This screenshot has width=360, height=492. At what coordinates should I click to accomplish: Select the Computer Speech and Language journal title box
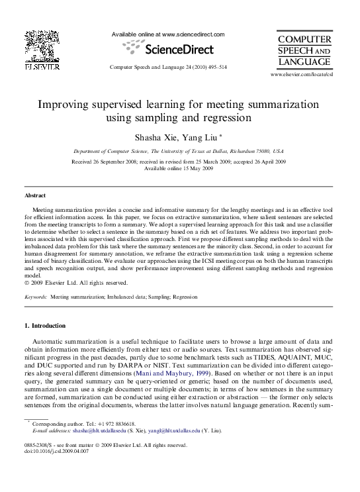[x=304, y=50]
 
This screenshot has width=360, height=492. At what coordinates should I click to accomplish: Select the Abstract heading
[x=35, y=196]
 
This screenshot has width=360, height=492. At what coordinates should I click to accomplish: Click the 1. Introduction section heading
[x=45, y=326]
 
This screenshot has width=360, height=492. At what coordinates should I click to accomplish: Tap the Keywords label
[x=36, y=299]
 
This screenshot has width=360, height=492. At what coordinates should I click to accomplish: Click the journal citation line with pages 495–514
[x=168, y=68]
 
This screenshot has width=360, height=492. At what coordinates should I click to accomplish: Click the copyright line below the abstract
[x=76, y=283]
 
